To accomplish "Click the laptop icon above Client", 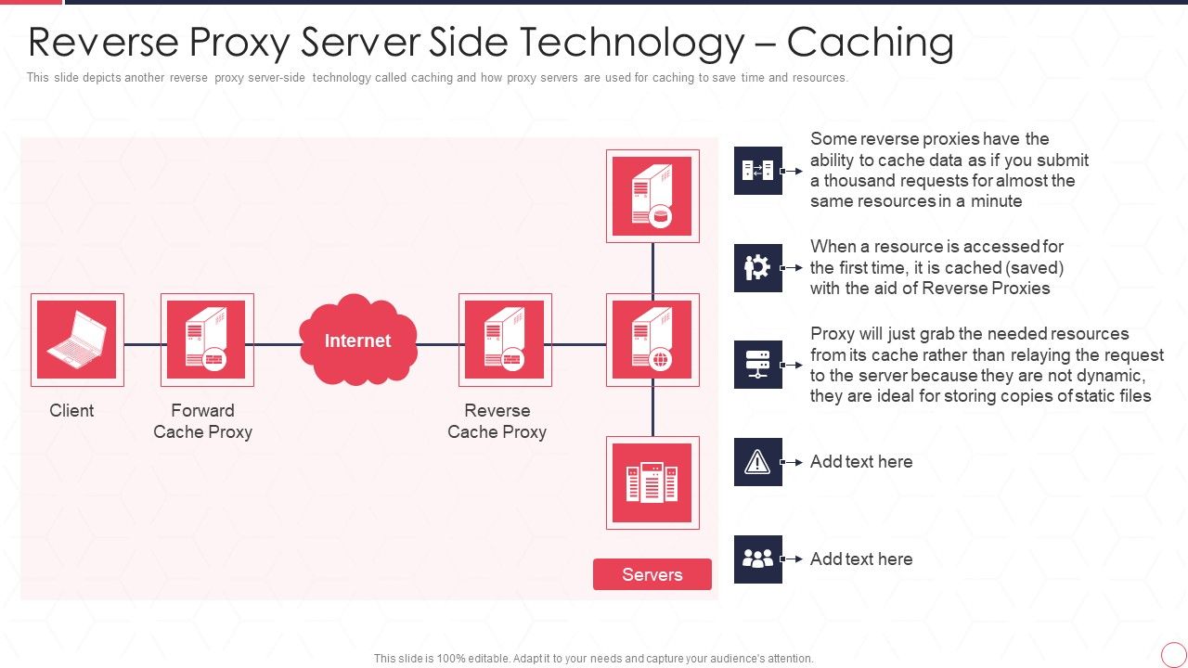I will point(77,340).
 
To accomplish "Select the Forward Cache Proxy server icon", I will point(206,340).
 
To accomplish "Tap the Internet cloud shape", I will point(358,340).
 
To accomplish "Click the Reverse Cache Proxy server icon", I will point(505,340).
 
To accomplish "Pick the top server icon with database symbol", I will point(652,196).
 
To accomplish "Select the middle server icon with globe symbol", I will point(652,340).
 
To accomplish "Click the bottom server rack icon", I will point(652,482).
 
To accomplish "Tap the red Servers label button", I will point(652,574).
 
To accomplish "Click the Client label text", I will point(71,410).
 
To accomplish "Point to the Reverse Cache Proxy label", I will point(497,421).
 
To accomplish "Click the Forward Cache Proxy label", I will point(202,421).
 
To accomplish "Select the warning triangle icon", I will point(757,461).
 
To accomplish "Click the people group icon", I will point(757,559).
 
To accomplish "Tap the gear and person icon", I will point(757,267).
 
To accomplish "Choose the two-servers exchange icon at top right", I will point(757,171).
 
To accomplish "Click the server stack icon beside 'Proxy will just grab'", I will point(757,364).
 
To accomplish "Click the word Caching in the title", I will point(870,43).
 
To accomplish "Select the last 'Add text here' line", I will point(860,559).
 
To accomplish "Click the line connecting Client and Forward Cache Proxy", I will point(142,344).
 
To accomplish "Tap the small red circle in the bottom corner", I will point(1173,654).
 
